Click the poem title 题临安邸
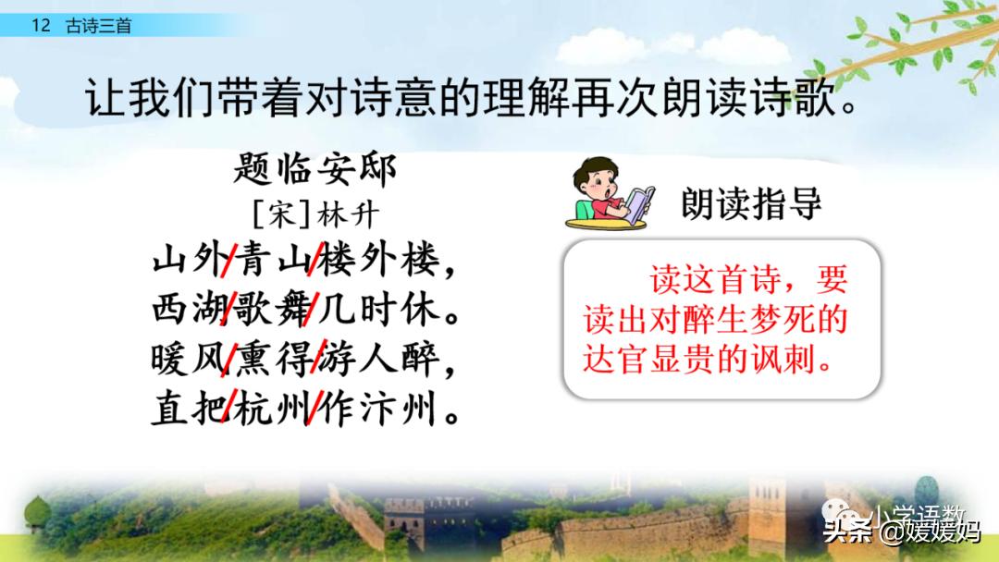314,169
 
